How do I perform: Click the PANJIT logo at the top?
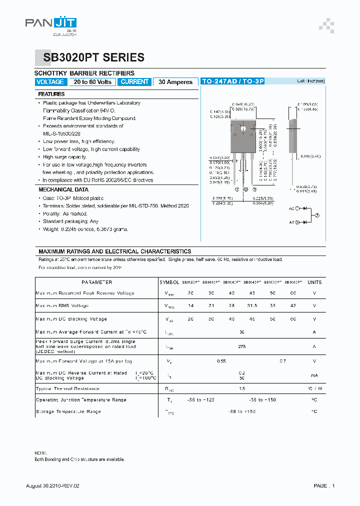click(51, 24)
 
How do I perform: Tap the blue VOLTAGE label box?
click(50, 82)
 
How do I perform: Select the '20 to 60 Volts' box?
click(92, 82)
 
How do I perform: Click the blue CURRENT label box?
click(134, 82)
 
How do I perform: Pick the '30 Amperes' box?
click(175, 82)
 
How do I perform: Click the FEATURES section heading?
click(51, 94)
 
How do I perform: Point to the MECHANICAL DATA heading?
click(63, 190)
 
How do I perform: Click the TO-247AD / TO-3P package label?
click(232, 81)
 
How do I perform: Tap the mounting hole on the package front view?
click(243, 129)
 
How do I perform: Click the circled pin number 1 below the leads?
click(237, 189)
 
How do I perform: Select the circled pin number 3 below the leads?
click(254, 189)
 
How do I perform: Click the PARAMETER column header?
click(96, 282)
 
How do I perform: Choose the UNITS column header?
click(314, 282)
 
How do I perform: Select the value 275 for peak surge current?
click(242, 346)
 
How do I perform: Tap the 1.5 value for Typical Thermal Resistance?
click(242, 388)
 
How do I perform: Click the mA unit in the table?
click(314, 375)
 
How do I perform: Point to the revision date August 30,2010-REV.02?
click(52, 486)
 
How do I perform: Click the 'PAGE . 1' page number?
click(324, 486)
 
